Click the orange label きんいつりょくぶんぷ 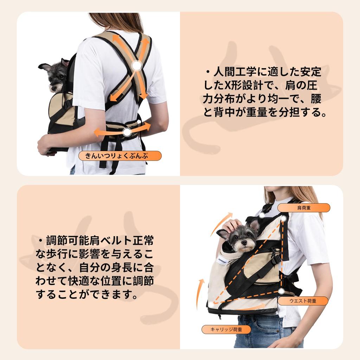(120, 156)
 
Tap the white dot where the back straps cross (137, 66)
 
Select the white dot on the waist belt (127, 132)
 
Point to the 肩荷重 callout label (304, 208)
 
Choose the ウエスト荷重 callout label (303, 301)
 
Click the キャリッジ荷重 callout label (226, 329)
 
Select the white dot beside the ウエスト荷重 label (281, 291)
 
